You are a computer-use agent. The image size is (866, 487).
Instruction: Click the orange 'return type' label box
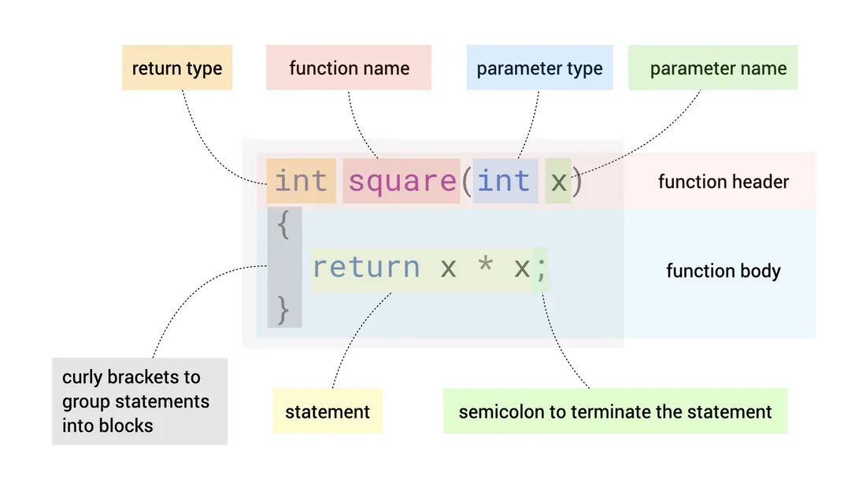(x=177, y=68)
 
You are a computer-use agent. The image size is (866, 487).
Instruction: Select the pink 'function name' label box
(x=349, y=68)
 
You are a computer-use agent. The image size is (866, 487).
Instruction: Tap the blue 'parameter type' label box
(x=539, y=68)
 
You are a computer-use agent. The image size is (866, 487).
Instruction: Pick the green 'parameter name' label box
(x=713, y=68)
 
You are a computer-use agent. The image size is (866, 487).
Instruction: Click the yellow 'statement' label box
(x=328, y=411)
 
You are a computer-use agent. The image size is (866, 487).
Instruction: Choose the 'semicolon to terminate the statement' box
(x=616, y=411)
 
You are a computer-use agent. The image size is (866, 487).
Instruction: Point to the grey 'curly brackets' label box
(x=139, y=401)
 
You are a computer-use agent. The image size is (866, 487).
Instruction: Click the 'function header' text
(x=724, y=182)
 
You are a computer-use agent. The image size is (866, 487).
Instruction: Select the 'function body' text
(x=724, y=271)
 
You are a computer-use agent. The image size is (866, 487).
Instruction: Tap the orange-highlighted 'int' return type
(x=301, y=181)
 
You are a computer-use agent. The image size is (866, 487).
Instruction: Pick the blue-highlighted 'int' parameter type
(x=504, y=181)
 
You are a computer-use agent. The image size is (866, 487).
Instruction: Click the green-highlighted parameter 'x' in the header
(x=558, y=183)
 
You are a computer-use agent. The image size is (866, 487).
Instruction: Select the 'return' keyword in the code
(x=366, y=267)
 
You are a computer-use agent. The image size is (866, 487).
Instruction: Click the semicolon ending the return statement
(x=541, y=269)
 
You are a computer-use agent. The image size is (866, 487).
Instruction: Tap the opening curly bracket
(x=283, y=225)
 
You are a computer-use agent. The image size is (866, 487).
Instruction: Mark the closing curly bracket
(x=283, y=310)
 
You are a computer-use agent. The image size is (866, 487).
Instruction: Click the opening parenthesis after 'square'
(x=467, y=181)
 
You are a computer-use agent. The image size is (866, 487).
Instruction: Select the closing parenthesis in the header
(x=577, y=181)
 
